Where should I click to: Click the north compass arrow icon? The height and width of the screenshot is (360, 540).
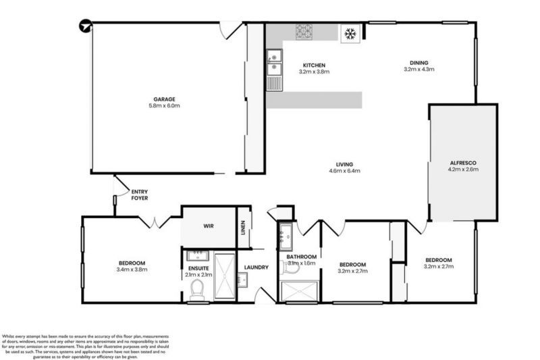(x=84, y=26)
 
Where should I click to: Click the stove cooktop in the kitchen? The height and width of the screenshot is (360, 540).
(x=304, y=32)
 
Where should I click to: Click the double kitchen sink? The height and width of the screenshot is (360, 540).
(x=274, y=62)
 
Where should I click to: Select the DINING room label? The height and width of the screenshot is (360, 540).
(x=418, y=62)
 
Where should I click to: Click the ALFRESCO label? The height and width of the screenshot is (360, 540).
(x=464, y=163)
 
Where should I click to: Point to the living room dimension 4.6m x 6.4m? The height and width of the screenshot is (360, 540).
(x=344, y=171)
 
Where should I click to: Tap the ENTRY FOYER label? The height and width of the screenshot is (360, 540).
(x=140, y=195)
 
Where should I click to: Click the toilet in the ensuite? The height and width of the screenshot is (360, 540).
(x=197, y=290)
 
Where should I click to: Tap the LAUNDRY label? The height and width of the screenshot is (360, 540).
(x=256, y=267)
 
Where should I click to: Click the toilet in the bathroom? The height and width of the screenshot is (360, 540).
(x=291, y=268)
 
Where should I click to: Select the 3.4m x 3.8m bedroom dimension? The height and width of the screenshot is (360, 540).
(x=132, y=269)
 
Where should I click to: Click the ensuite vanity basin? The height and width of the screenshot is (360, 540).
(x=197, y=255)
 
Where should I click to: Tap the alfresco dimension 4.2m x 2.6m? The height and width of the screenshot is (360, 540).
(x=464, y=170)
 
